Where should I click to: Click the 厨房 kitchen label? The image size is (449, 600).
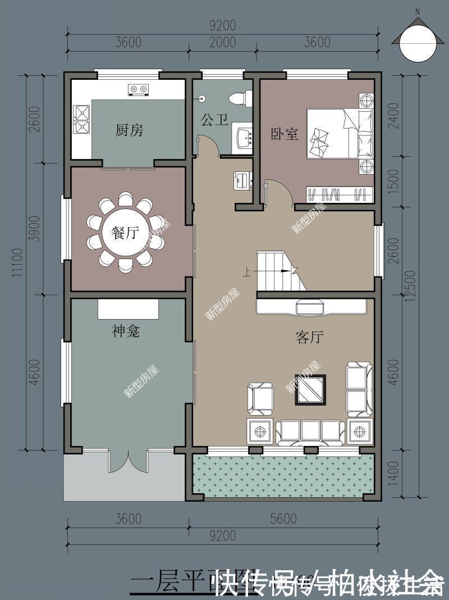point(129,131)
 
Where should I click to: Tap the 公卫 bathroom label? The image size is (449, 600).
point(214,120)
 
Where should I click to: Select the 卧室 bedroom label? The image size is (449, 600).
point(285,134)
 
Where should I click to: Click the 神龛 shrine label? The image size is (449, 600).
point(125,331)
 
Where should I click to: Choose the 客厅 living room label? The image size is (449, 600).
point(309,337)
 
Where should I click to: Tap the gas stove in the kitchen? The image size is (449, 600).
point(138,89)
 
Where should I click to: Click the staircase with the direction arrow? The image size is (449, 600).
point(278,271)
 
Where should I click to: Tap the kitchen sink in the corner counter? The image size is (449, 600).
point(82,119)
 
